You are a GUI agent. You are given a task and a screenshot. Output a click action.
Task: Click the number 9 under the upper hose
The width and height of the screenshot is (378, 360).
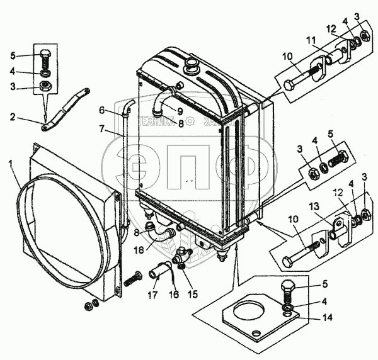pyautogui.click(x=180, y=112)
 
